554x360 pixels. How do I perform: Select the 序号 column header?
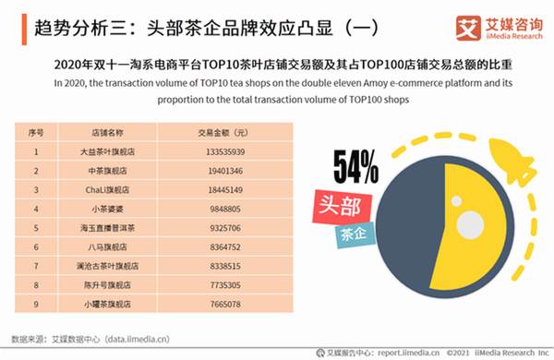[x=36, y=133]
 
